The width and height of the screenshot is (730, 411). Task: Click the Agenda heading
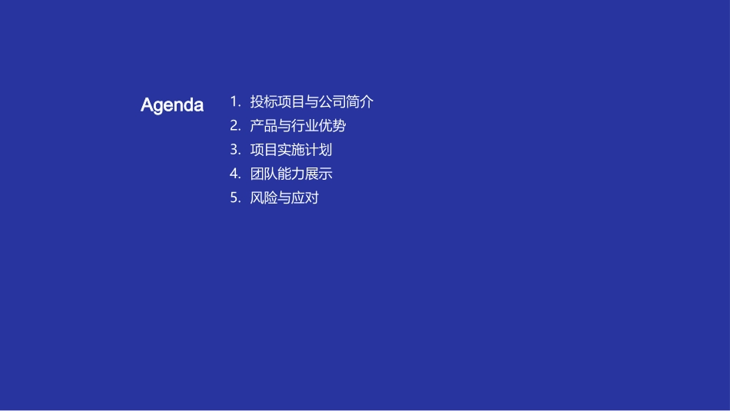pos(172,105)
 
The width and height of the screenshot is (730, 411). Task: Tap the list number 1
pos(234,101)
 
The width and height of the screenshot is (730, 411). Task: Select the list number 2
pos(235,125)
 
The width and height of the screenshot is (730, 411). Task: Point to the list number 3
pos(235,150)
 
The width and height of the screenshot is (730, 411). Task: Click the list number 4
pos(235,174)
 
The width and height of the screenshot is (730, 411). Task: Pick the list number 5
pos(235,198)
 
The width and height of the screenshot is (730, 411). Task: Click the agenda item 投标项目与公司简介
pos(312,101)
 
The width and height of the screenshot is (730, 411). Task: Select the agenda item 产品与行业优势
pos(298,125)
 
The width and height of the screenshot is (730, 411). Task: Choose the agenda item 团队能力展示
pos(291,174)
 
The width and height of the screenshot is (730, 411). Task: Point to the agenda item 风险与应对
pos(284,198)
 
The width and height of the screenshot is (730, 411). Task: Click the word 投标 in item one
pos(264,101)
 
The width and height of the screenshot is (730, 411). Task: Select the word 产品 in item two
pos(264,125)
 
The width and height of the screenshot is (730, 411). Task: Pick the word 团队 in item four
pos(264,174)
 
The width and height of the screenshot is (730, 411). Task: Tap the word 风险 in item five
pos(264,198)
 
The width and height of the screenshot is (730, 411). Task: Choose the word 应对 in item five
pos(305,198)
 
